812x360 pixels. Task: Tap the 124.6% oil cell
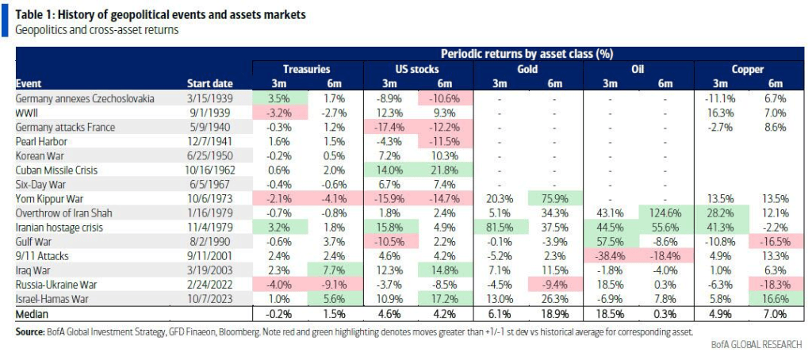pos(665,213)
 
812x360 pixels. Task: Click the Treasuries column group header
pos(306,70)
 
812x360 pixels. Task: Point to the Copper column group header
pos(745,70)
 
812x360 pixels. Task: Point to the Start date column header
pos(209,84)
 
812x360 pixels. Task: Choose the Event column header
pos(29,84)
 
